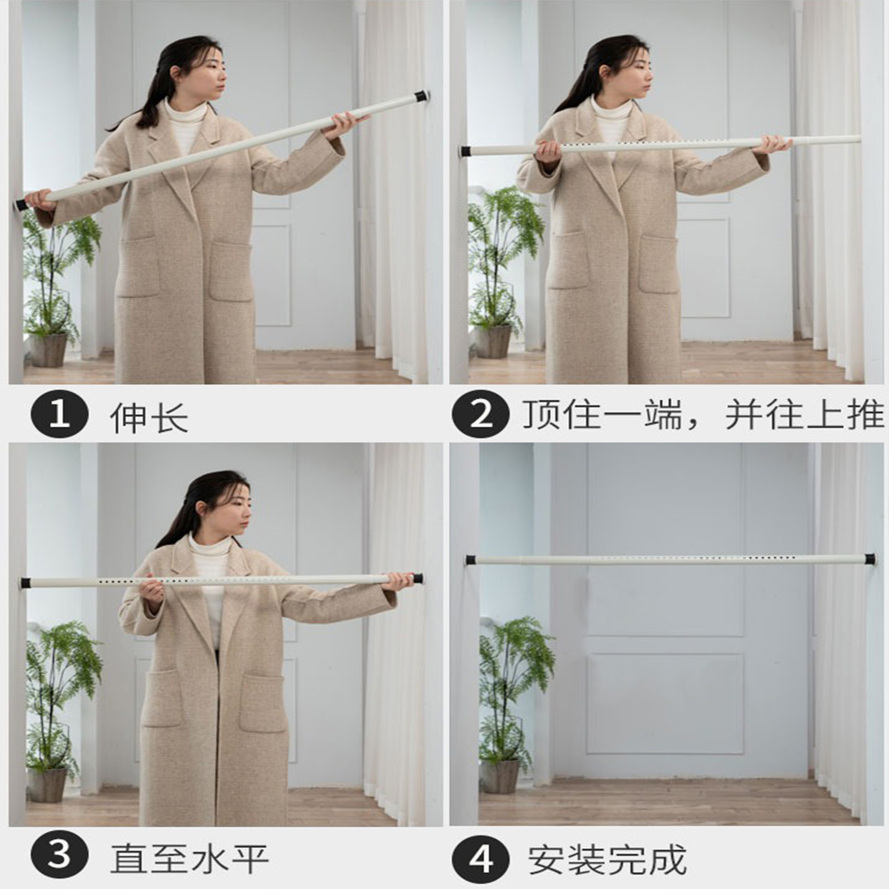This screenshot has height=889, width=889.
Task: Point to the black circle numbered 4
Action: [481, 860]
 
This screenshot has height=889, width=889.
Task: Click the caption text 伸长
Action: [148, 417]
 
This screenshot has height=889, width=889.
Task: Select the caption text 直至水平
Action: [189, 859]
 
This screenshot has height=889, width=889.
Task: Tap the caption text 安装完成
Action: [607, 860]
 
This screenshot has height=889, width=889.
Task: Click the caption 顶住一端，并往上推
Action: [702, 415]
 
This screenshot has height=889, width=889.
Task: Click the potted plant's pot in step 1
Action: [49, 349]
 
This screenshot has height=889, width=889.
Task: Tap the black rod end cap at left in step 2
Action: [464, 151]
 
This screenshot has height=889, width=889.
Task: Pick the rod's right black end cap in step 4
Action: [869, 559]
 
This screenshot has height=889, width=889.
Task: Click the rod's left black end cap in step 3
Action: [26, 583]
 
